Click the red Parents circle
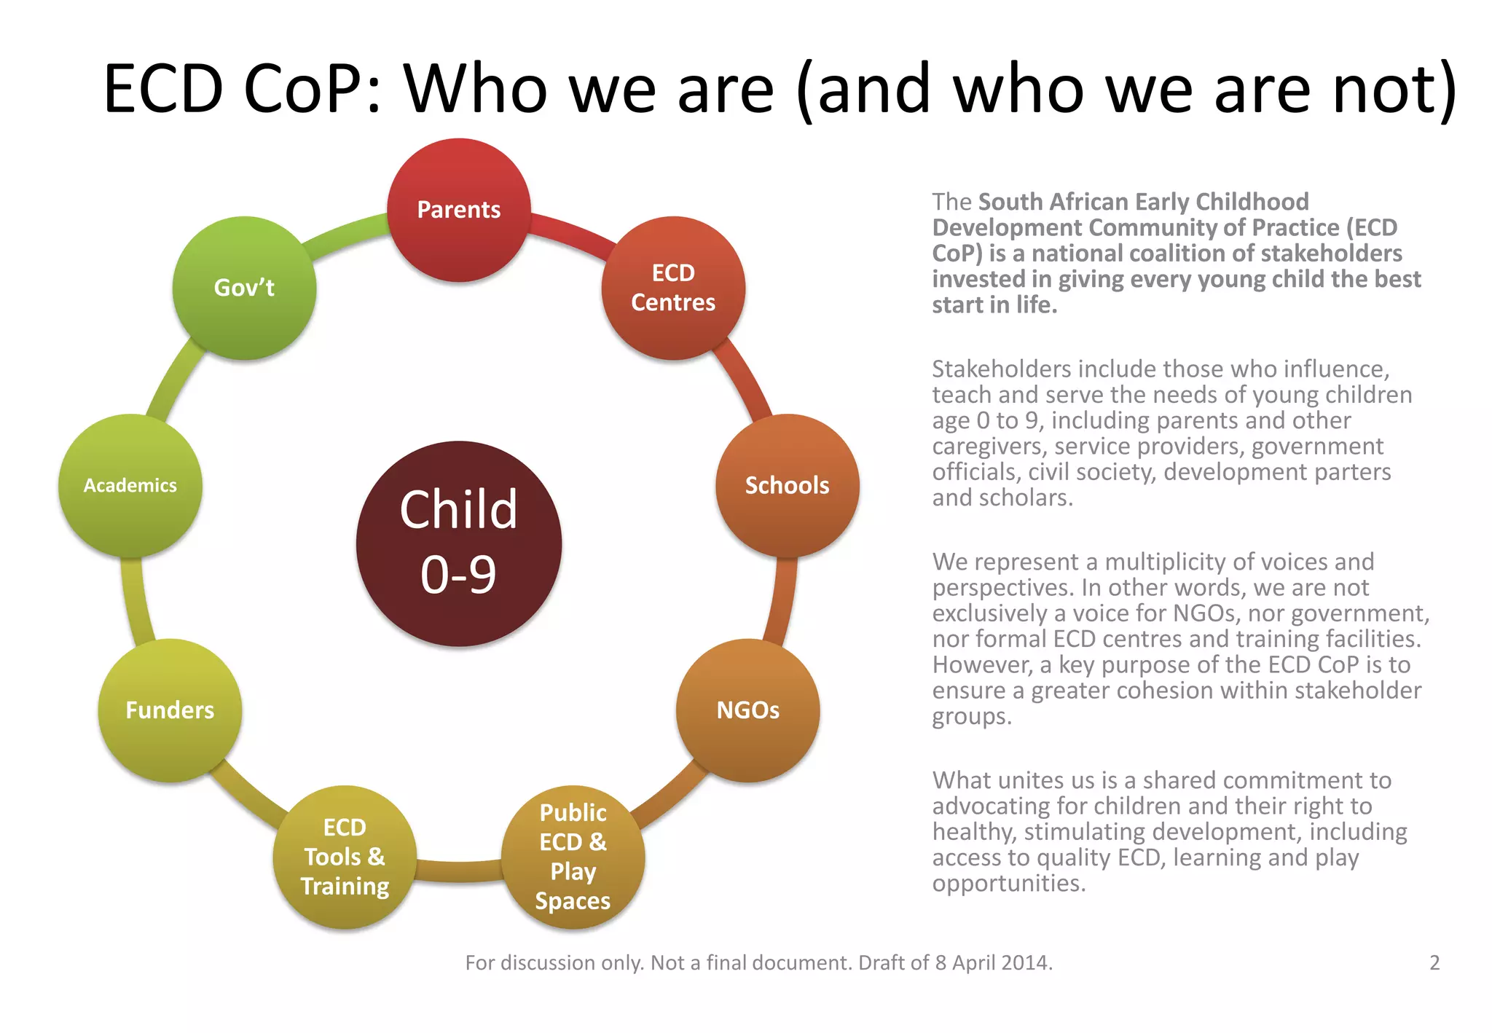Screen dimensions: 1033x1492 click(459, 210)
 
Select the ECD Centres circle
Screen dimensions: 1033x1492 click(673, 288)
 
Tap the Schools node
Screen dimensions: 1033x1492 click(787, 485)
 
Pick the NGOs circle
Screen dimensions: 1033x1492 click(747, 710)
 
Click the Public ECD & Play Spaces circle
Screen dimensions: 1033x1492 click(573, 857)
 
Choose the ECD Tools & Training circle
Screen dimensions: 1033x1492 click(345, 857)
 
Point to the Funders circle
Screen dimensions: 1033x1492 click(170, 710)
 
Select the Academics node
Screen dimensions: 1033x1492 click(130, 485)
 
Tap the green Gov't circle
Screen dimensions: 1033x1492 click(244, 288)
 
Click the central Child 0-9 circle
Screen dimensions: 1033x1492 click(459, 543)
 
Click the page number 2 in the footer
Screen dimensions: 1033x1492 click(1434, 963)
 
